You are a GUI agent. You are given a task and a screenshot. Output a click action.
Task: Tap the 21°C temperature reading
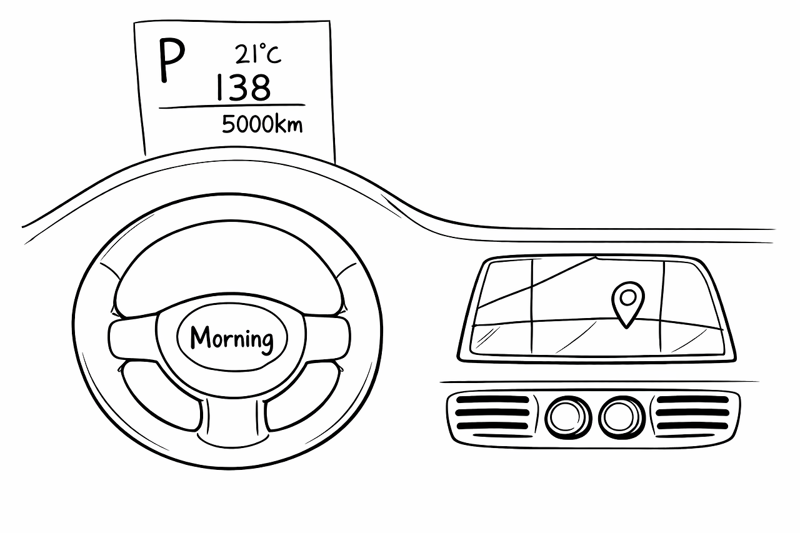pyautogui.click(x=258, y=55)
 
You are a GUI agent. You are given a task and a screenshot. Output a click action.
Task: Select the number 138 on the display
pyautogui.click(x=242, y=87)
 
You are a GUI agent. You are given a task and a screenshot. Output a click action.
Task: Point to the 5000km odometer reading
pyautogui.click(x=262, y=124)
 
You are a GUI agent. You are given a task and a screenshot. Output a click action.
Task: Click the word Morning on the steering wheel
pyautogui.click(x=232, y=339)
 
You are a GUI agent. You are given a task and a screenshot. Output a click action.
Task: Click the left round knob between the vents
pyautogui.click(x=568, y=416)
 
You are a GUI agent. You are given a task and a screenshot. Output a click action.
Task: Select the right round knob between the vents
pyautogui.click(x=621, y=416)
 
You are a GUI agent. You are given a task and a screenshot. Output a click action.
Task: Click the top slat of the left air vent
pyautogui.click(x=492, y=400)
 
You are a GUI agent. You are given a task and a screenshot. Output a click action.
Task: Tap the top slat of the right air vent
pyautogui.click(x=692, y=400)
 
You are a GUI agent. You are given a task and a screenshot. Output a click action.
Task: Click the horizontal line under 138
pyautogui.click(x=232, y=107)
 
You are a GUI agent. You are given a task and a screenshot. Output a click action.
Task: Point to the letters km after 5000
pyautogui.click(x=289, y=124)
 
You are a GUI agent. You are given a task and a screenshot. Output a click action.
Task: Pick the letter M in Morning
pyautogui.click(x=199, y=338)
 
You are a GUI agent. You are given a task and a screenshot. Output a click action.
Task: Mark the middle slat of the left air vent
pyautogui.click(x=492, y=413)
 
